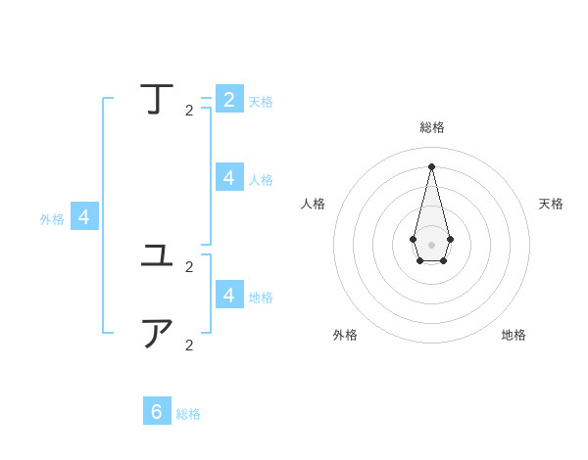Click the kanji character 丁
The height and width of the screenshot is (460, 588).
coord(159,100)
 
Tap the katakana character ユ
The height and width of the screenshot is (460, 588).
coord(158,256)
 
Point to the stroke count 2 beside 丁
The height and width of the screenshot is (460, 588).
coord(189,111)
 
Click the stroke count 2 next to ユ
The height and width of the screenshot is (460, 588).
coord(189,267)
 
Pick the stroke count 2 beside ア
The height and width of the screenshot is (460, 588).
coord(189,345)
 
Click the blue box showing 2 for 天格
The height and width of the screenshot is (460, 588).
coord(229,99)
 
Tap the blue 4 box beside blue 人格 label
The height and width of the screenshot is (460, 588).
coord(229,177)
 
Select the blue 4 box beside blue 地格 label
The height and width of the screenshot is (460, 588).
coord(229,294)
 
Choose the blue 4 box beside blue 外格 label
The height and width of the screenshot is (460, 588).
coord(84,217)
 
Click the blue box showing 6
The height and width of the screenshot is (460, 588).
coord(157,411)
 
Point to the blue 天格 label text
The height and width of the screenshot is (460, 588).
coord(261,102)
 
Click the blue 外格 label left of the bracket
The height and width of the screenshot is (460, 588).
coord(52,219)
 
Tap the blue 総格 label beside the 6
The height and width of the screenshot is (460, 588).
coord(188,414)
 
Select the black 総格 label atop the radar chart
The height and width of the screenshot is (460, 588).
coord(432,127)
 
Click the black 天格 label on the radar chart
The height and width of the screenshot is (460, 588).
coord(551,204)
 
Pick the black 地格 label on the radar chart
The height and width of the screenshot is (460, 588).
coord(514,335)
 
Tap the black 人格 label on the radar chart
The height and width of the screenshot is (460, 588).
coord(313,204)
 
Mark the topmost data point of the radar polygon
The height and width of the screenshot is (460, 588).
coord(431,165)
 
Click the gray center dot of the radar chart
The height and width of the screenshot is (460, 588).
coord(431,244)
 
